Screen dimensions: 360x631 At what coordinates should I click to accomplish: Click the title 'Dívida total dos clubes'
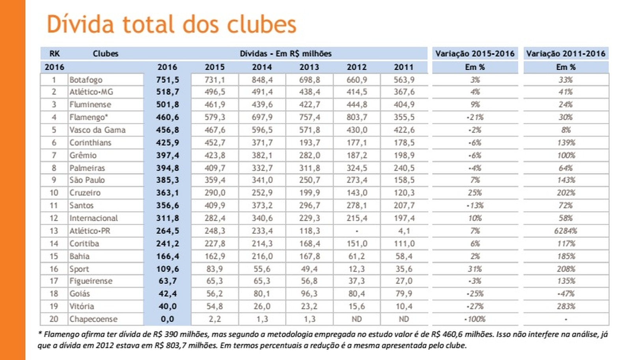click(x=171, y=24)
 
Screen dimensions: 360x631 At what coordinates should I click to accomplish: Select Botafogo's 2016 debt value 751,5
click(x=167, y=80)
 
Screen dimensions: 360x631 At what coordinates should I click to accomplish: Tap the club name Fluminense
click(x=90, y=104)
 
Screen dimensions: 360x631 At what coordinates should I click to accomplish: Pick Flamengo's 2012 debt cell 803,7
click(x=357, y=117)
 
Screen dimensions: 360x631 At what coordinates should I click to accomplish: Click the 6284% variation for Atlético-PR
click(x=566, y=231)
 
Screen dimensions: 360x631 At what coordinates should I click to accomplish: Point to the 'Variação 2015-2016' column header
click(x=475, y=54)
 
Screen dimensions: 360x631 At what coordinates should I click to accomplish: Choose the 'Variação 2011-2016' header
click(x=566, y=54)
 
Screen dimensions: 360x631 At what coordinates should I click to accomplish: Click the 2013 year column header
click(x=309, y=67)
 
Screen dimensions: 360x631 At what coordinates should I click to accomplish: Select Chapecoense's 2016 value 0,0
click(x=167, y=319)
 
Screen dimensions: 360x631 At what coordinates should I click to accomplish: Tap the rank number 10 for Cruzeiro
click(x=54, y=193)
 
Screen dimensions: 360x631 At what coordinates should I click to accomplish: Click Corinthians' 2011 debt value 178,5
click(x=404, y=142)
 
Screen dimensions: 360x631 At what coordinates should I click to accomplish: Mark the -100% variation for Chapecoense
click(x=475, y=319)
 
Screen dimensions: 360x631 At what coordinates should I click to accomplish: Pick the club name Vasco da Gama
click(x=97, y=130)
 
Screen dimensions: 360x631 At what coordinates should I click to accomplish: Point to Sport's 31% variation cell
click(x=475, y=269)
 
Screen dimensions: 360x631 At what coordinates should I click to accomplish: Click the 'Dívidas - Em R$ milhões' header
click(x=286, y=54)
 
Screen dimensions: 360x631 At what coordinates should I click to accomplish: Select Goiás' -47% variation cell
click(x=566, y=294)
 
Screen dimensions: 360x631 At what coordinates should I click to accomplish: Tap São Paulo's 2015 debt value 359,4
click(x=215, y=180)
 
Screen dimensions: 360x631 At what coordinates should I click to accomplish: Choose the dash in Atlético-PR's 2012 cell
click(x=357, y=231)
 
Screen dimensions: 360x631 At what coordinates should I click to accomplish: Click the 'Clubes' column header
click(x=105, y=54)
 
